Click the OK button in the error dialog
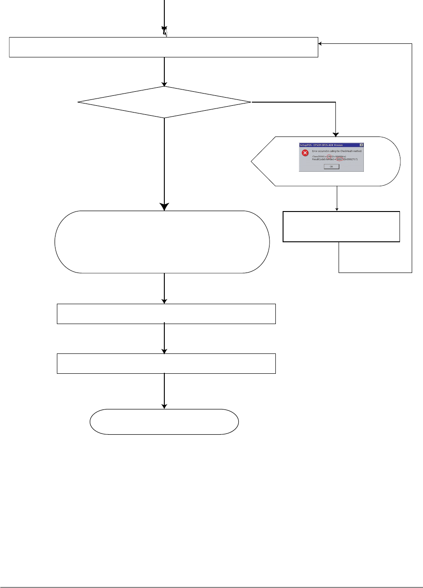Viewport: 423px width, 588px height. [x=331, y=166]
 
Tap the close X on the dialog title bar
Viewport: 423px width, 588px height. [x=361, y=145]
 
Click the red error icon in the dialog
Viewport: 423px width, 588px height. [x=305, y=153]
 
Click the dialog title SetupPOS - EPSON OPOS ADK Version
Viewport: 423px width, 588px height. [x=320, y=145]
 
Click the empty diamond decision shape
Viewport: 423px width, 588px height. [x=164, y=102]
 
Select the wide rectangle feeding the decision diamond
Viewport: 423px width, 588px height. [x=163, y=47]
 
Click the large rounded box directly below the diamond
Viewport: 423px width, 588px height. [x=162, y=242]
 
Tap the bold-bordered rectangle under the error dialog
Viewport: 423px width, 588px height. [x=341, y=226]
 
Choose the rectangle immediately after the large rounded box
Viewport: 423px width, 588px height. [x=166, y=314]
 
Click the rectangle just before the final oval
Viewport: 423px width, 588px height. [x=166, y=363]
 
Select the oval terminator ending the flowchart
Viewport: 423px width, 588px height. [x=164, y=422]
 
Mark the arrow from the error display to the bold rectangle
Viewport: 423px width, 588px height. [x=337, y=198]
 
